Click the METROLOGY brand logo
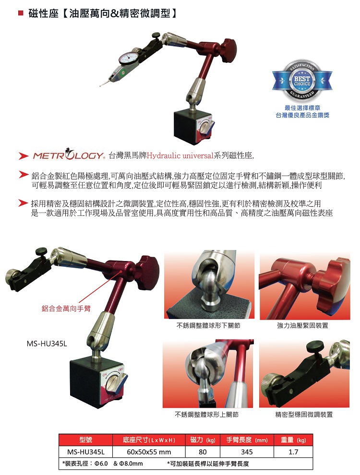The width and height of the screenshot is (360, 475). (68, 156)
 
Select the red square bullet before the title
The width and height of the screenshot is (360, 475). (21, 14)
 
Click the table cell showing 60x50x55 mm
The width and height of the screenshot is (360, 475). (149, 451)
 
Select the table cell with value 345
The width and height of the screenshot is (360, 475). (247, 451)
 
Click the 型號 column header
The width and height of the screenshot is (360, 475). (86, 440)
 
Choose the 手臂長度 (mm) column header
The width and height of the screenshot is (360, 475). (247, 440)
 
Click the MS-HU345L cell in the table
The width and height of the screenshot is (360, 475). (86, 451)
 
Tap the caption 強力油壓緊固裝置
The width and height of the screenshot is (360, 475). (303, 326)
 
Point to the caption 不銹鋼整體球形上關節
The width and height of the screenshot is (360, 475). (207, 414)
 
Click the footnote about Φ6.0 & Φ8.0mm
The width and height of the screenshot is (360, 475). (103, 463)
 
